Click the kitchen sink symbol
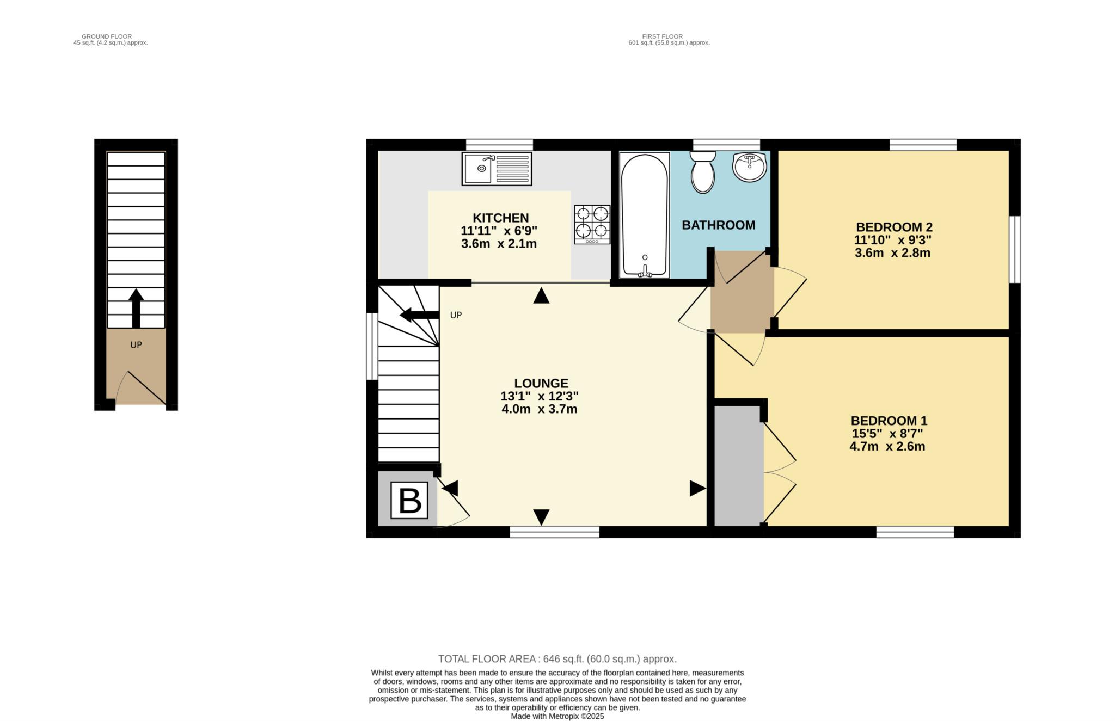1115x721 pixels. [497, 169]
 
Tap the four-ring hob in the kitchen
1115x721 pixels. [592, 224]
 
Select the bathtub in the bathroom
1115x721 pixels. [644, 215]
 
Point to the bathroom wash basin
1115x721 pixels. [749, 167]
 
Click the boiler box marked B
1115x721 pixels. [410, 501]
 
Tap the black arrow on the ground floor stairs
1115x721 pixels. [136, 308]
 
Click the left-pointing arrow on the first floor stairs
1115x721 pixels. [418, 315]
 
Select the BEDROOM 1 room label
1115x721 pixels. [889, 421]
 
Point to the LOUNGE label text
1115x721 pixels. [541, 383]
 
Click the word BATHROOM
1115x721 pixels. [718, 225]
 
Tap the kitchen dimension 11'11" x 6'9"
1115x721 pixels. [499, 231]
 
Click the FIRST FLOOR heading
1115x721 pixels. [662, 36]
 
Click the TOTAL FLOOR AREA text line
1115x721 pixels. [557, 659]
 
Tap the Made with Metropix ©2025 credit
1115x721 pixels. [557, 717]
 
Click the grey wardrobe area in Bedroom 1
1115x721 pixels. [738, 465]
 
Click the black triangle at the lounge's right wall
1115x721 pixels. [697, 488]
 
